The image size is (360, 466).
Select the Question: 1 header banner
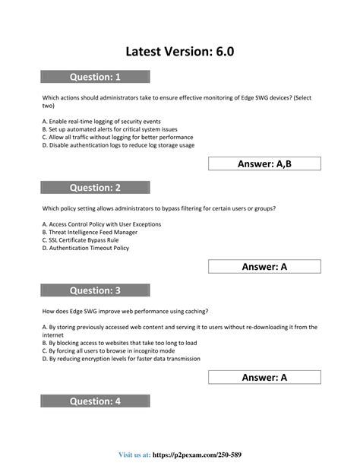pos(95,76)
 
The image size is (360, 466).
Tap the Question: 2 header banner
pos(95,187)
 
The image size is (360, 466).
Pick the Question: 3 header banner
pos(95,290)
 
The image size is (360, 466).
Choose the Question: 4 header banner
pos(95,401)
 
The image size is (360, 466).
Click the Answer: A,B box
pos(264,163)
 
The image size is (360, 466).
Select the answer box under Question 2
pos(264,266)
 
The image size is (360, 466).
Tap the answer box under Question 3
pos(264,377)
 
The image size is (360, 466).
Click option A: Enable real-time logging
pos(101,122)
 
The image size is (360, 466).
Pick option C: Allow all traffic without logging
pos(118,137)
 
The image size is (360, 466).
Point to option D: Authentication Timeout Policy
pos(86,247)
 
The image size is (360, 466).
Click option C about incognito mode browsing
pos(114,350)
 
